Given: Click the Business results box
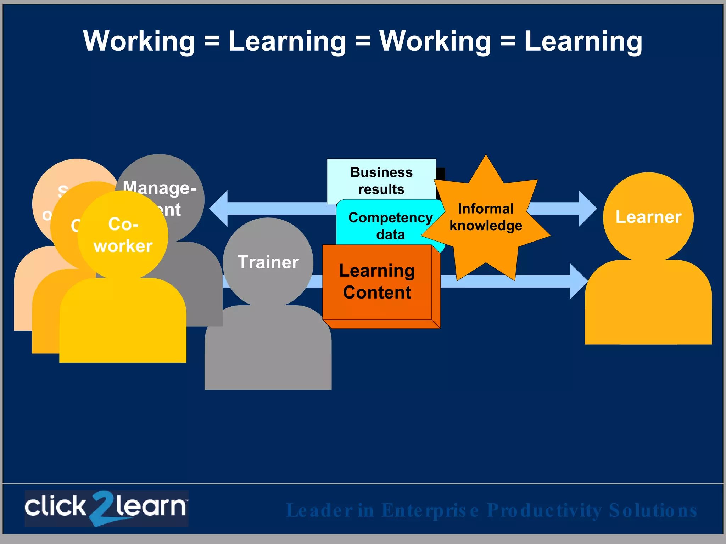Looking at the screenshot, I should (x=381, y=181).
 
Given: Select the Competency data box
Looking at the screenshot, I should (x=390, y=226).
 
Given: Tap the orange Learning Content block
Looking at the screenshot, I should (x=377, y=282).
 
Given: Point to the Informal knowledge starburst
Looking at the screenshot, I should (x=486, y=217).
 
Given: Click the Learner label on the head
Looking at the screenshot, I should (x=648, y=217).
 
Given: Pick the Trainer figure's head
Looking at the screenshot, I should (x=268, y=262).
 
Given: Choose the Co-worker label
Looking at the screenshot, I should (x=123, y=235).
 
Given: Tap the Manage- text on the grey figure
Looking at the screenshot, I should (x=159, y=187).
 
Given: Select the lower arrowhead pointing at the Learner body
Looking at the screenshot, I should (x=578, y=281).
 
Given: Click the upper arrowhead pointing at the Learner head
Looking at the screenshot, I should (x=587, y=209).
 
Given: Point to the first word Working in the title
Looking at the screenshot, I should (x=139, y=41).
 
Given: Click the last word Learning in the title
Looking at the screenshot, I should (x=583, y=41).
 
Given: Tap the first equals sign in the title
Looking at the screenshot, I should (x=212, y=41).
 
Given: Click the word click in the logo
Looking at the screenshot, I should (x=55, y=506).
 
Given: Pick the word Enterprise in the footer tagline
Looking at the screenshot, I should (x=430, y=510).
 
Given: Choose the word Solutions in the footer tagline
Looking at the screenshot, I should (x=653, y=510).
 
